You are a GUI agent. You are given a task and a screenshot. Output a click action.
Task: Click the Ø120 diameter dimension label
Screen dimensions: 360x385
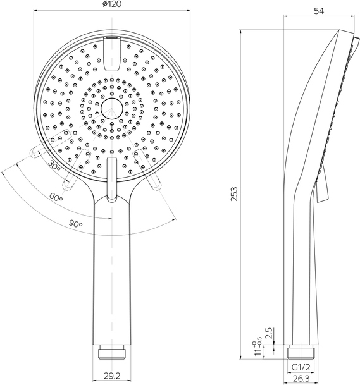pyautogui.click(x=112, y=4)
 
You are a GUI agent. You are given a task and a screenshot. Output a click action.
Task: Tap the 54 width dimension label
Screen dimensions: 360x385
pyautogui.click(x=319, y=11)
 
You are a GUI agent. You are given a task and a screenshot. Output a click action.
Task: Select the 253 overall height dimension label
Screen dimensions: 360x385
pyautogui.click(x=234, y=194)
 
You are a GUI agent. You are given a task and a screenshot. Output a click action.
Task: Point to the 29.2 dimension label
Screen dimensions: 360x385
pyautogui.click(x=112, y=376)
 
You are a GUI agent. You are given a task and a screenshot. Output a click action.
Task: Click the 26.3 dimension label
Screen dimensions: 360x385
pyautogui.click(x=301, y=378)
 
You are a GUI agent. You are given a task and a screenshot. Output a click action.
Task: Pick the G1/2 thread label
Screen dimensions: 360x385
pyautogui.click(x=301, y=367)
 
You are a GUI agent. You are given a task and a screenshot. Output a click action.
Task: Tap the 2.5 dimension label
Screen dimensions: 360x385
pyautogui.click(x=269, y=333)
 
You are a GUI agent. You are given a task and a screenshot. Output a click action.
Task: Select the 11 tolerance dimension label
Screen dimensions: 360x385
pyautogui.click(x=257, y=349)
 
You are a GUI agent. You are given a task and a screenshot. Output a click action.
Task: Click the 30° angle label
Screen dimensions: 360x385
pyautogui.click(x=54, y=165)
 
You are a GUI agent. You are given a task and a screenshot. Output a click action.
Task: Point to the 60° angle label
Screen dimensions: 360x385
pyautogui.click(x=56, y=197)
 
